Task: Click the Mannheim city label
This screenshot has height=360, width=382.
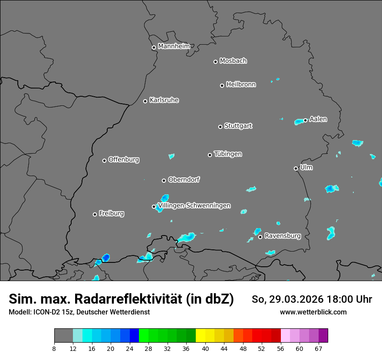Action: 174,46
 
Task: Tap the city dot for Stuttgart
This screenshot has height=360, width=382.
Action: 220,127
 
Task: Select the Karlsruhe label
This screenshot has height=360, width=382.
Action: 164,100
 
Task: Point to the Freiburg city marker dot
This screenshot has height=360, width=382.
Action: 95,214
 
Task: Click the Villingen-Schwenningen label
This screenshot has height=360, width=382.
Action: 194,206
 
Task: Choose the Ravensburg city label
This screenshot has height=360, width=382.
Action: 282,236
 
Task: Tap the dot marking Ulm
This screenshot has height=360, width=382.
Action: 296,168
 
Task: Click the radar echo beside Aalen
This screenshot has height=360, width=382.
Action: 299,122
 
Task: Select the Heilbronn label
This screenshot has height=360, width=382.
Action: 241,84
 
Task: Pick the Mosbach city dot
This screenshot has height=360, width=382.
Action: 215,62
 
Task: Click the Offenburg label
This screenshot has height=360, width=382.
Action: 124,159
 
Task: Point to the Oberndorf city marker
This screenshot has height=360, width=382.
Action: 164,180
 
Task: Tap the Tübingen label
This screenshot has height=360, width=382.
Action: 228,154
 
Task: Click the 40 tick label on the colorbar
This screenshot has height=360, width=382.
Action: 205,349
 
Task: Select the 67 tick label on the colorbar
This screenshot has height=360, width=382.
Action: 319,349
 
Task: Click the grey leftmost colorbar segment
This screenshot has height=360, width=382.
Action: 63,336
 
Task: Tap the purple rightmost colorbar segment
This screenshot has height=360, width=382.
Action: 323,336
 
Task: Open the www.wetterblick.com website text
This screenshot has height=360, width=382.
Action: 313,312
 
